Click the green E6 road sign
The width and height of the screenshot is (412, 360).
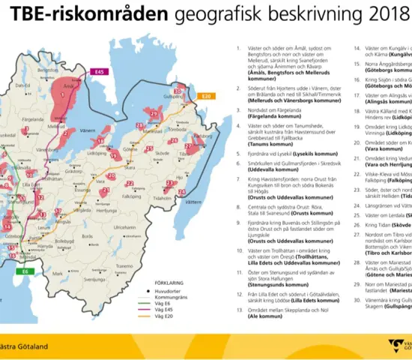pyautogui.click(x=26, y=271)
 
